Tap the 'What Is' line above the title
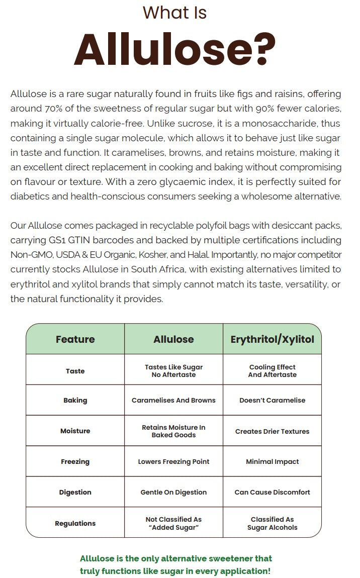(x=174, y=13)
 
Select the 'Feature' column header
(x=75, y=339)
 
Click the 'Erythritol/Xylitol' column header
(x=272, y=339)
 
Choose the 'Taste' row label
(x=75, y=371)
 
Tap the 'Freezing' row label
(x=75, y=461)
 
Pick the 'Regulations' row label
(x=75, y=523)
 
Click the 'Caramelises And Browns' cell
(x=173, y=401)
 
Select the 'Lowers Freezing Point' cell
(x=173, y=461)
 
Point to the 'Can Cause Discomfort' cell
(x=272, y=493)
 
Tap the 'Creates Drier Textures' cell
(x=272, y=431)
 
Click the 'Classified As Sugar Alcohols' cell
(x=272, y=523)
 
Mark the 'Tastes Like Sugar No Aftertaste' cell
(x=173, y=371)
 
